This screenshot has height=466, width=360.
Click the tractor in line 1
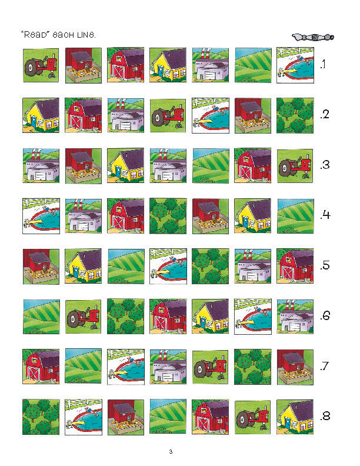tap(41, 65)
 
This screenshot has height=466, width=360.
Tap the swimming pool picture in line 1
tap(295, 65)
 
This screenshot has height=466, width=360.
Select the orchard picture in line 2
tap(295, 115)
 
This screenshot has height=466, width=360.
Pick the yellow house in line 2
tap(41, 115)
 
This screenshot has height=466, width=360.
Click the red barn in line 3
tap(253, 165)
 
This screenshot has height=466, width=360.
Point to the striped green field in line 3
tap(211, 165)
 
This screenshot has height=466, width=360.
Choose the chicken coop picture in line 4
tap(211, 216)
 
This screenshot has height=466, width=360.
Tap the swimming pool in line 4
tap(41, 216)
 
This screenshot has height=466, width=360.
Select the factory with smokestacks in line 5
tap(253, 267)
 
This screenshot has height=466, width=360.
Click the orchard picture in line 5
tap(211, 267)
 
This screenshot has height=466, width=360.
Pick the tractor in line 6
tap(84, 317)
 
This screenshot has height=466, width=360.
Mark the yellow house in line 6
tap(211, 317)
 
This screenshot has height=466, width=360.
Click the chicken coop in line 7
tap(295, 367)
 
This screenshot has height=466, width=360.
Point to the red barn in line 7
tap(41, 367)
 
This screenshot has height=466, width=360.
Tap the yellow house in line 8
tap(295, 417)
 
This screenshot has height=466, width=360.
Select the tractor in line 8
tap(253, 417)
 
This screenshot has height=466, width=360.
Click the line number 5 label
tap(325, 265)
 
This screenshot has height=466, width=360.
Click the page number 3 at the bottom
tap(171, 452)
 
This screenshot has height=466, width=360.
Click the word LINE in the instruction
tap(86, 35)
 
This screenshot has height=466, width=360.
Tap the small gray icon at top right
tap(313, 38)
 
